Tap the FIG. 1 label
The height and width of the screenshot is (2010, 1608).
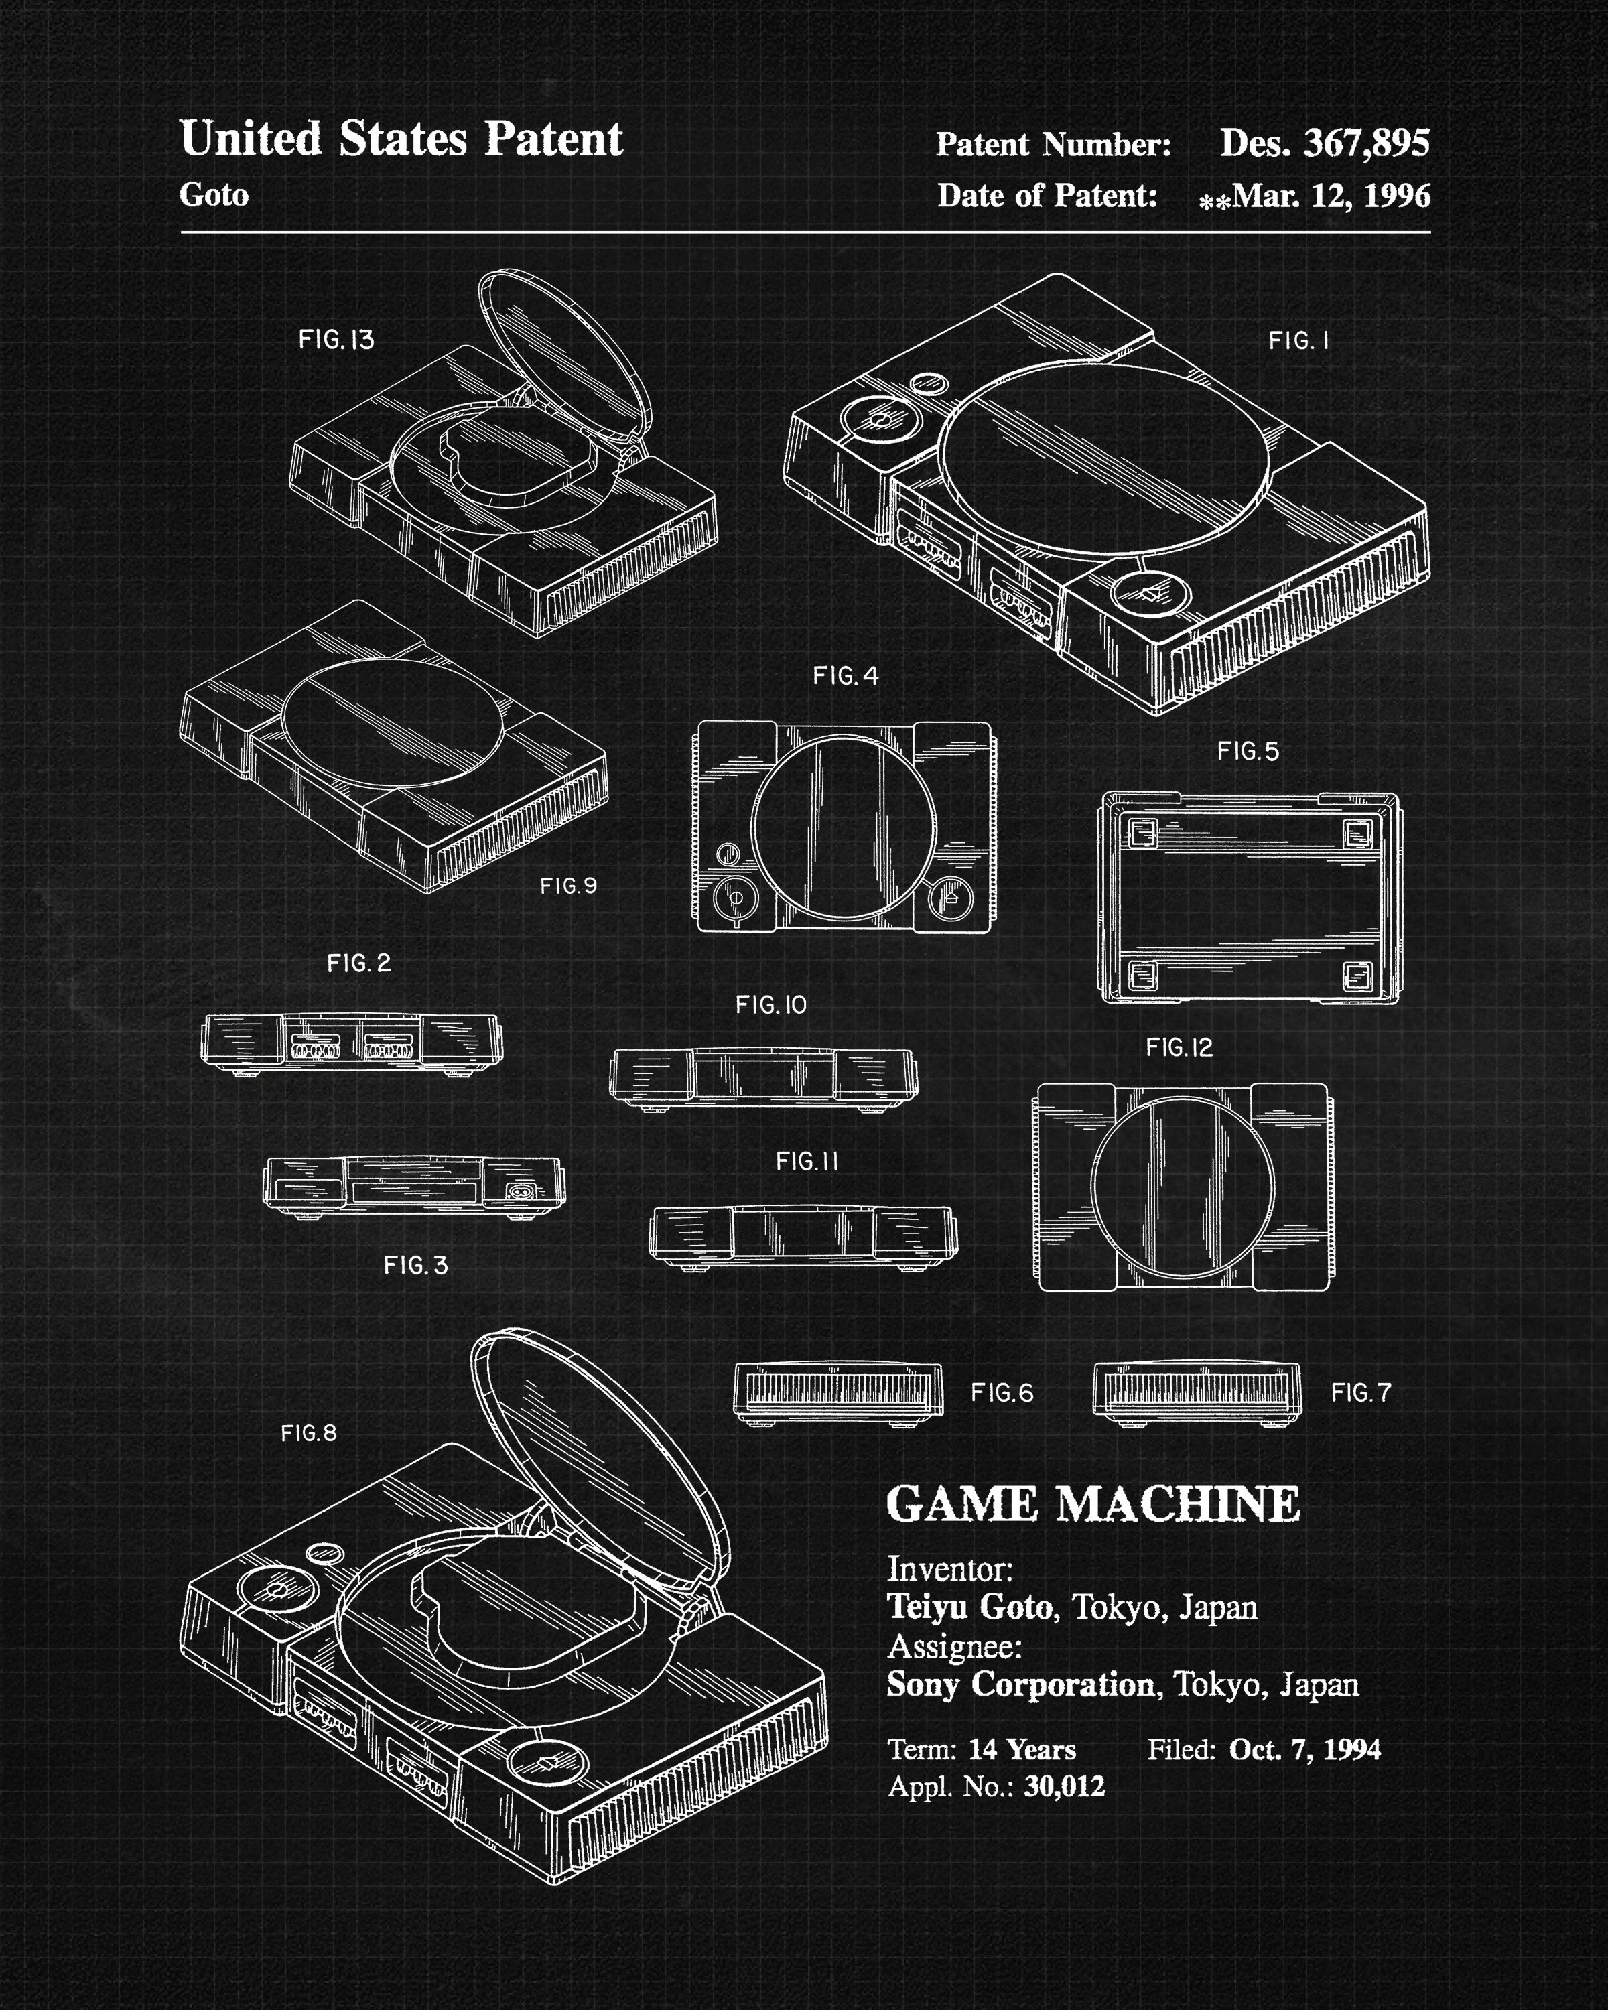pyautogui.click(x=1298, y=341)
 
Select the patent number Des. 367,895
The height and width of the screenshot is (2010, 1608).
pyautogui.click(x=1324, y=143)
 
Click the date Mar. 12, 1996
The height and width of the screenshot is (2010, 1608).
pyautogui.click(x=1330, y=196)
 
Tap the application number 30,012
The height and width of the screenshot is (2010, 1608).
pyautogui.click(x=1063, y=1786)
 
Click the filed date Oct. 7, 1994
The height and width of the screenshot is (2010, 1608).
pyautogui.click(x=1304, y=1749)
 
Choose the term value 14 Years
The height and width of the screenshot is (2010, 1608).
pyautogui.click(x=1022, y=1749)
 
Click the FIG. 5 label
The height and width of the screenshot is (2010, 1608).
pyautogui.click(x=1248, y=752)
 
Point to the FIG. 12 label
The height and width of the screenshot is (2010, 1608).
pyautogui.click(x=1179, y=1048)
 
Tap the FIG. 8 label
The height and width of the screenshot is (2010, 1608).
pyautogui.click(x=309, y=1433)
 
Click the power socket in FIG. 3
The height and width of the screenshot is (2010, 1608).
pyautogui.click(x=520, y=1191)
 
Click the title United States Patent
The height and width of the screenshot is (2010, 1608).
pyautogui.click(x=401, y=140)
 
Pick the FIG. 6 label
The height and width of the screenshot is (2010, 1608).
pyautogui.click(x=1002, y=1393)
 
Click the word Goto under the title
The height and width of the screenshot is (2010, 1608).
pyautogui.click(x=214, y=195)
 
